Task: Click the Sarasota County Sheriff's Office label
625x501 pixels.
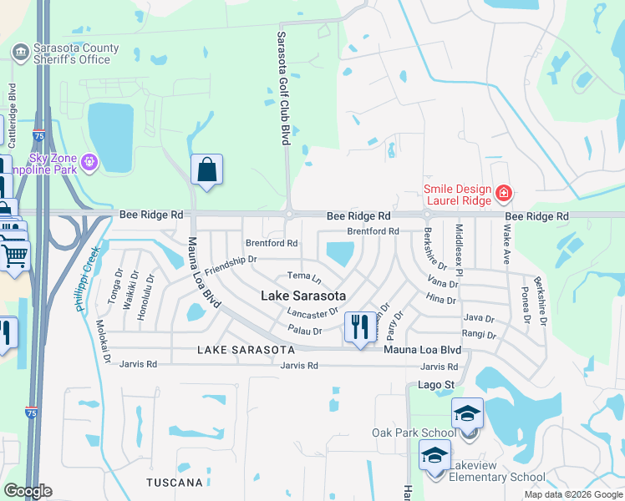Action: [72, 54]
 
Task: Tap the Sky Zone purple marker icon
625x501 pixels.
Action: [90, 161]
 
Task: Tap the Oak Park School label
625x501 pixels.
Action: [414, 433]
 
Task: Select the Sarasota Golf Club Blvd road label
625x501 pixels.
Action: [282, 89]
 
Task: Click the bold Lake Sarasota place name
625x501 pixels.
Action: [303, 295]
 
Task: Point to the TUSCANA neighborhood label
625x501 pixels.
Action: [175, 483]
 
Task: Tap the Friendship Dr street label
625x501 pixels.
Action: [229, 266]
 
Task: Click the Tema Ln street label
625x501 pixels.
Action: [304, 276]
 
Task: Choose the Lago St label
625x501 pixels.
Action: [435, 385]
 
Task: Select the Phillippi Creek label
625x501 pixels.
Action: [88, 279]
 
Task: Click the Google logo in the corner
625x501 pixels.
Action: [28, 491]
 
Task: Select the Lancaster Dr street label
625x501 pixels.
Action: [312, 312]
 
